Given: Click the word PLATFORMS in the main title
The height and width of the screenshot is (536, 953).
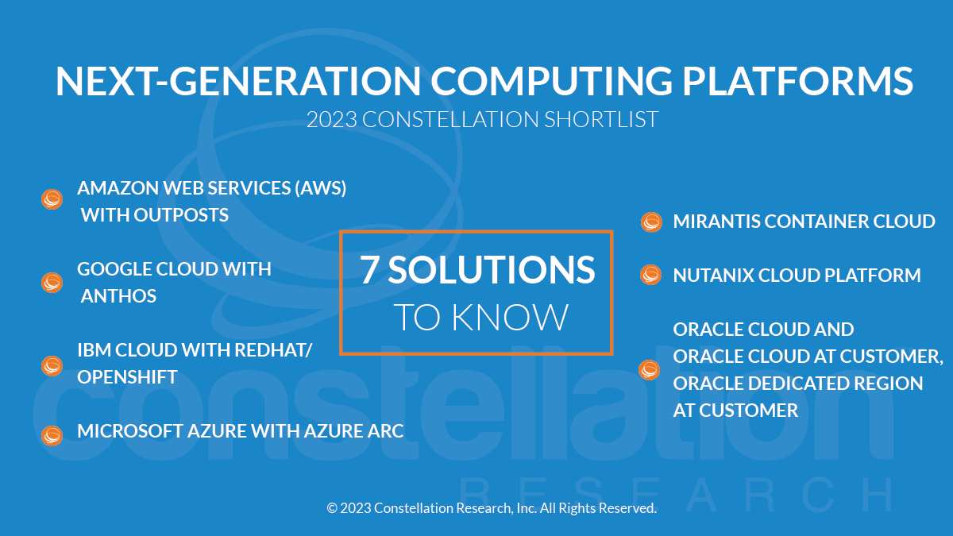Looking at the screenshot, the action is (x=797, y=81).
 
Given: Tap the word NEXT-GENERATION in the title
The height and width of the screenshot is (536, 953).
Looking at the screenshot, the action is (x=238, y=81).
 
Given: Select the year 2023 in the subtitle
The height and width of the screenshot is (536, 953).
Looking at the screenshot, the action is (x=331, y=119).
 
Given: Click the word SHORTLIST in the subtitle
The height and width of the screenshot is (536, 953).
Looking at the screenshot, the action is (x=601, y=119).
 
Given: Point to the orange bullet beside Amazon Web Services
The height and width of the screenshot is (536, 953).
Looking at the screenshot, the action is (x=52, y=199).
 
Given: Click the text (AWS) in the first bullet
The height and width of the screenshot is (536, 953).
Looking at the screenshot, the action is (x=321, y=188).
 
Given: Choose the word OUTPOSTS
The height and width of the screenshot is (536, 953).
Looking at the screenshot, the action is (x=181, y=215).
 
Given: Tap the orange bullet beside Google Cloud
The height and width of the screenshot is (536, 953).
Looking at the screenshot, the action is (x=52, y=283).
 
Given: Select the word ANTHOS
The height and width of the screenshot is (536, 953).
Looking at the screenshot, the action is (x=118, y=296).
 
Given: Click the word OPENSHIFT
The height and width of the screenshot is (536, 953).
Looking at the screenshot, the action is (x=127, y=377).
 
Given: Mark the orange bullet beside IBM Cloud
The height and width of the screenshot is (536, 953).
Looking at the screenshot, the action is (x=52, y=366).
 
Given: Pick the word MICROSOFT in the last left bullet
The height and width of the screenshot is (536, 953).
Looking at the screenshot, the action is (x=130, y=431).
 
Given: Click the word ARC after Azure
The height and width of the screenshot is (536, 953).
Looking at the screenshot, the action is (x=385, y=431).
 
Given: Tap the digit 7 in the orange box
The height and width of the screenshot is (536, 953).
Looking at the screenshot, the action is (x=368, y=270).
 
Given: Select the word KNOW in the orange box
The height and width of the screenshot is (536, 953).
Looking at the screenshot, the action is (x=510, y=317).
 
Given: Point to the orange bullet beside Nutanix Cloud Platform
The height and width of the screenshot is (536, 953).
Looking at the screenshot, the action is (x=650, y=275).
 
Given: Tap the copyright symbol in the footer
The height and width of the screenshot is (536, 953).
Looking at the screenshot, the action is (x=332, y=508).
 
